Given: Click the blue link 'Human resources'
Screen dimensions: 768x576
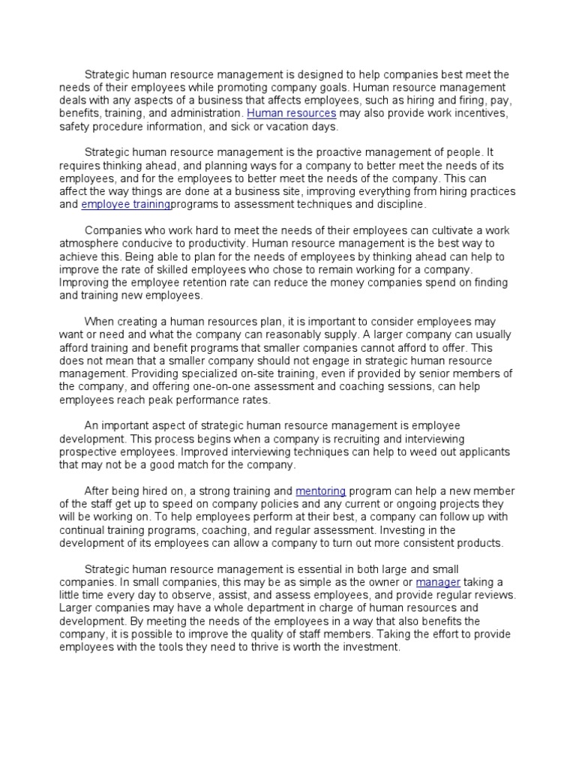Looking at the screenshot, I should [x=292, y=113].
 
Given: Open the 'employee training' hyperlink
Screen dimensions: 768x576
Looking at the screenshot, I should [x=125, y=204].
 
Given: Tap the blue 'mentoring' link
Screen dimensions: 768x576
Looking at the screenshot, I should [x=320, y=490].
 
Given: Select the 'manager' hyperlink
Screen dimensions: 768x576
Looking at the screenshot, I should [x=438, y=582].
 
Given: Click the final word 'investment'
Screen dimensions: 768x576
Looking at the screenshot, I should [x=367, y=647].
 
